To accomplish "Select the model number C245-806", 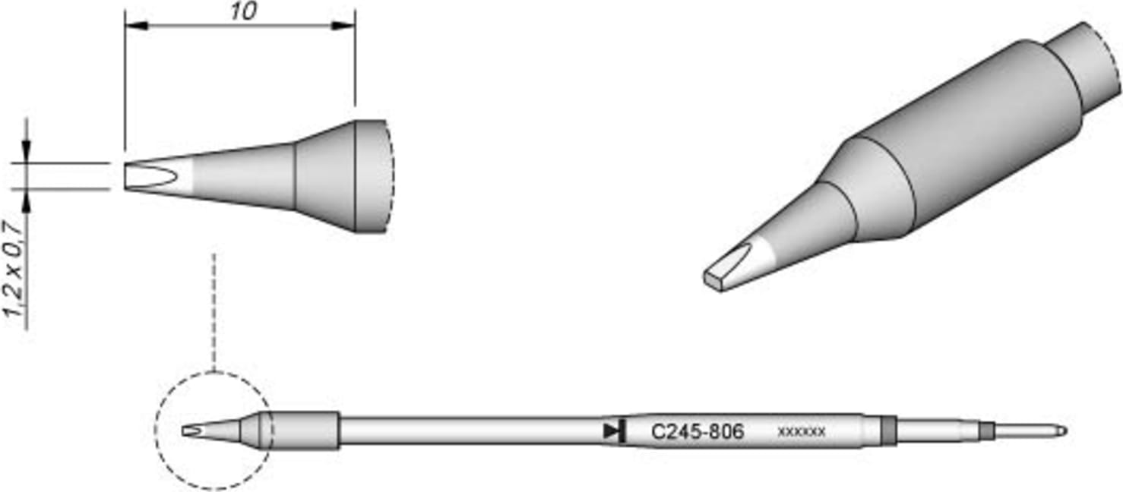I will (698, 432).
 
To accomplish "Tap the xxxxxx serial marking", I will (802, 432).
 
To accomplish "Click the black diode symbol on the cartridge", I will (613, 431).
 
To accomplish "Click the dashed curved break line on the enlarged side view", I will (392, 176).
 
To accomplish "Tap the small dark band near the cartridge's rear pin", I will (987, 431).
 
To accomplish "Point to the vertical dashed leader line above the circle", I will (215, 311).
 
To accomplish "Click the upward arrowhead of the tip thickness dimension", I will (28, 199).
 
